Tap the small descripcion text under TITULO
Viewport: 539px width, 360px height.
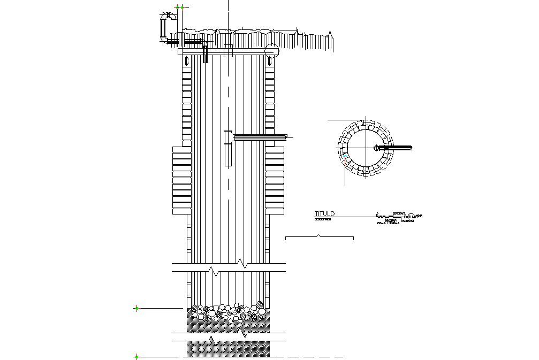[323, 219]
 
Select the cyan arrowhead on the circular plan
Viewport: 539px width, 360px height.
[346, 156]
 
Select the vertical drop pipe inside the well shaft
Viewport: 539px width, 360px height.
[228, 152]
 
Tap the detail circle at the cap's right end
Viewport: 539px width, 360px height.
[272, 50]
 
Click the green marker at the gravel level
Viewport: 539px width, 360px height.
[136, 308]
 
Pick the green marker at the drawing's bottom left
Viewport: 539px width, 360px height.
[136, 357]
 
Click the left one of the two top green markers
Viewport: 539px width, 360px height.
[177, 7]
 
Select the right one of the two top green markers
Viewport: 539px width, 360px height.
[183, 7]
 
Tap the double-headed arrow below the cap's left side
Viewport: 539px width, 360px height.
[186, 60]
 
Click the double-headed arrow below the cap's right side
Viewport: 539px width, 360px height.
[269, 60]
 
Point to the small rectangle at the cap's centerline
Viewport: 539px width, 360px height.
[229, 51]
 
